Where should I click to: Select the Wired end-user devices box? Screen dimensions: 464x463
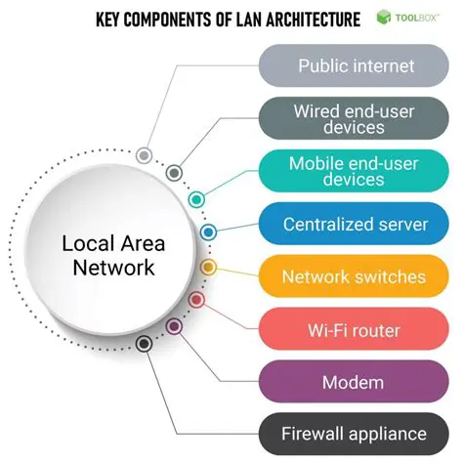(x=356, y=120)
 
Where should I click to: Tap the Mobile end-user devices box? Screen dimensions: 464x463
(x=356, y=172)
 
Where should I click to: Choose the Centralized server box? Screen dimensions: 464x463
(x=356, y=225)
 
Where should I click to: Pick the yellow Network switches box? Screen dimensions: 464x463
(x=356, y=277)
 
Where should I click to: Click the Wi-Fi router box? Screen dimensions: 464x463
(x=356, y=330)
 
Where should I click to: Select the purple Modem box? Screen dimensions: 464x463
(x=356, y=382)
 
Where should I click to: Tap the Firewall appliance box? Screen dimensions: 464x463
(x=356, y=434)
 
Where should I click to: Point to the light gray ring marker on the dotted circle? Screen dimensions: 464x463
(x=145, y=155)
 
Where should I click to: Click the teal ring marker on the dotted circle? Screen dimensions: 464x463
(x=196, y=199)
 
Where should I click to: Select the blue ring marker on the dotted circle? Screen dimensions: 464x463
(x=208, y=232)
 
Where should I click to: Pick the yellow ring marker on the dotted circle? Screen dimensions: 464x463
(x=208, y=267)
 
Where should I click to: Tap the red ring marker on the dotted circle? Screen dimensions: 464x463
(x=196, y=299)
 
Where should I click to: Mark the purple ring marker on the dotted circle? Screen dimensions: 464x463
(x=175, y=326)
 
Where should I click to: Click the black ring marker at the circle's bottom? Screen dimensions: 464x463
(x=145, y=344)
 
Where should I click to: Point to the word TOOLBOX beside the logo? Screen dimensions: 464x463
(x=420, y=18)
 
